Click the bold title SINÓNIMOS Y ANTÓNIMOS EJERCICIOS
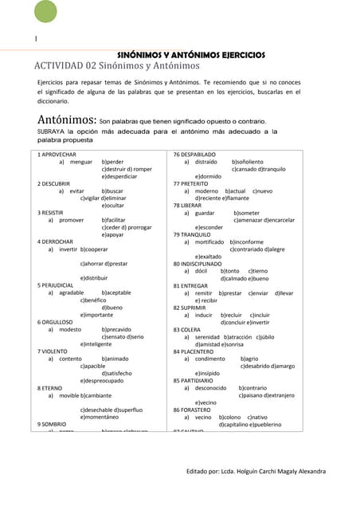click(x=191, y=55)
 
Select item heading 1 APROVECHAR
click(x=57, y=153)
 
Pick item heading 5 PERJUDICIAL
click(x=57, y=284)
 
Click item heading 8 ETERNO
click(x=51, y=387)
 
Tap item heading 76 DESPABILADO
click(x=195, y=153)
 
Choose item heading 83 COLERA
click(x=187, y=329)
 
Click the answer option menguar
click(x=81, y=162)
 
